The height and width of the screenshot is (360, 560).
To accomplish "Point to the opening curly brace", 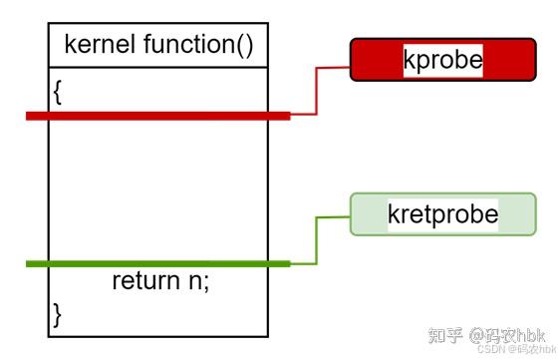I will [58, 91].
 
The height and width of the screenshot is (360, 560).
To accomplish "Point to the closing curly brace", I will [58, 314].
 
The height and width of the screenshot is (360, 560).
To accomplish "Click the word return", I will [144, 281].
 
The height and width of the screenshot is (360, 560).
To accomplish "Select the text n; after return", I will [199, 281].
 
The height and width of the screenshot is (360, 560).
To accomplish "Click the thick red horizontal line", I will [159, 116].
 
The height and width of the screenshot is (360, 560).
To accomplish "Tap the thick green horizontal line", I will [159, 263].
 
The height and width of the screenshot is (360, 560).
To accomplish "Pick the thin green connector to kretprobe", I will [317, 239].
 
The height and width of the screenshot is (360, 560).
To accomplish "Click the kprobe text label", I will [442, 60].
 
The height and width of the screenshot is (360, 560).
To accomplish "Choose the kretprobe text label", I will [442, 214].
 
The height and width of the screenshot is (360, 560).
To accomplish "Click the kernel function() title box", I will [157, 45].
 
